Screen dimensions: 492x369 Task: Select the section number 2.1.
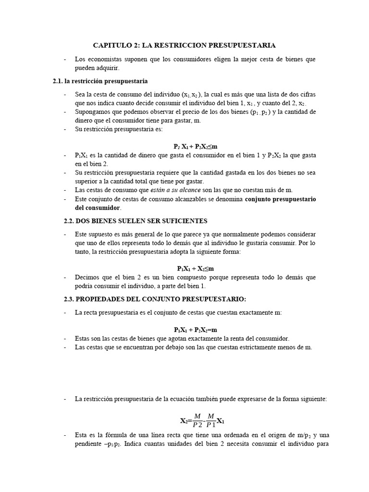point(59,81)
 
